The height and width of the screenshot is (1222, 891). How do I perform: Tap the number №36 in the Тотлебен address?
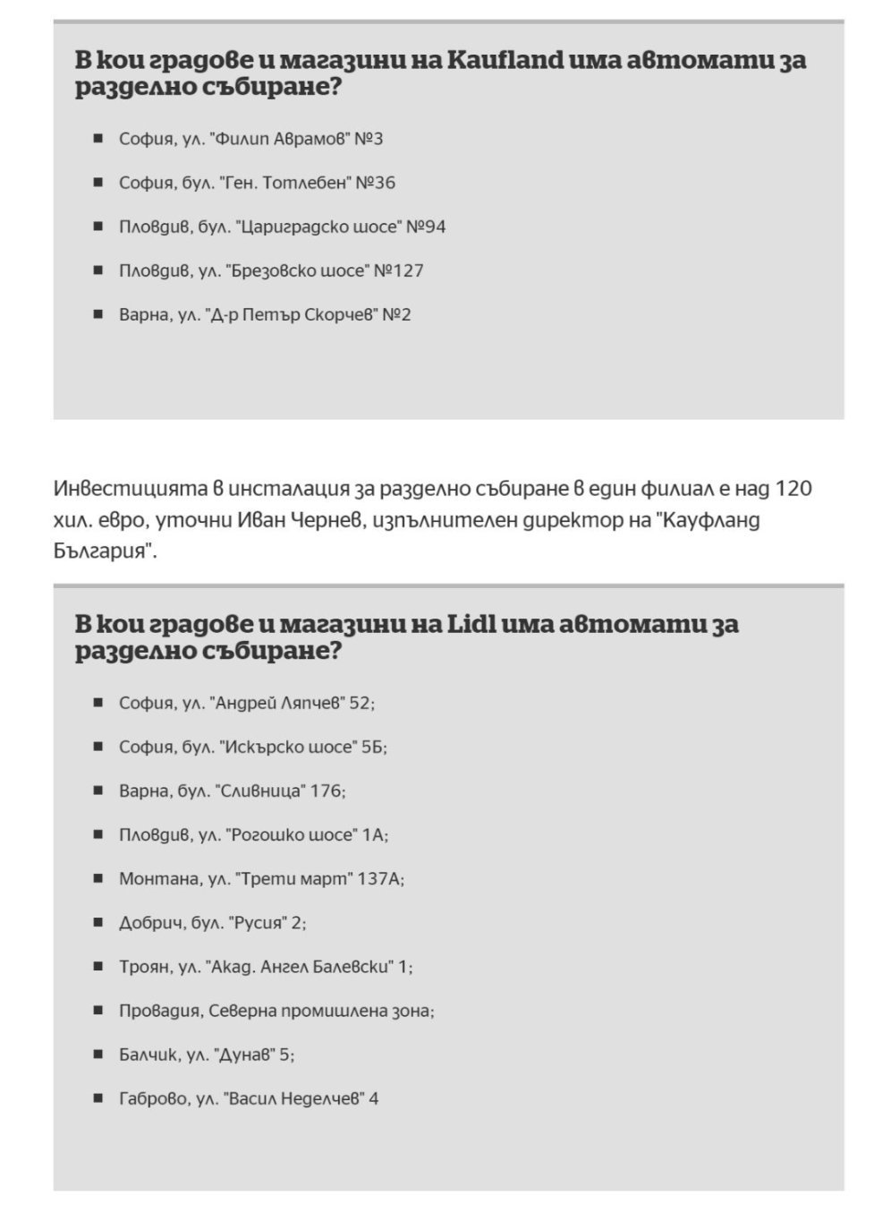coord(375,183)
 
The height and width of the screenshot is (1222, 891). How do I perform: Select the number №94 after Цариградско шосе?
coord(425,226)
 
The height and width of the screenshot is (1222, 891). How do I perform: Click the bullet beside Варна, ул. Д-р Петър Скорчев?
coord(98,314)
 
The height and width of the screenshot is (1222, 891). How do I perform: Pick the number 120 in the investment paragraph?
coord(793,489)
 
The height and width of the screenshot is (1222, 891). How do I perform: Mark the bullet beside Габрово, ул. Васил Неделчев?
coord(98,1098)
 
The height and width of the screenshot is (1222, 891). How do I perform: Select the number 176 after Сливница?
coord(327,790)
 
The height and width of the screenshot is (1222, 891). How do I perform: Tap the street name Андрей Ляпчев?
coord(278,703)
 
